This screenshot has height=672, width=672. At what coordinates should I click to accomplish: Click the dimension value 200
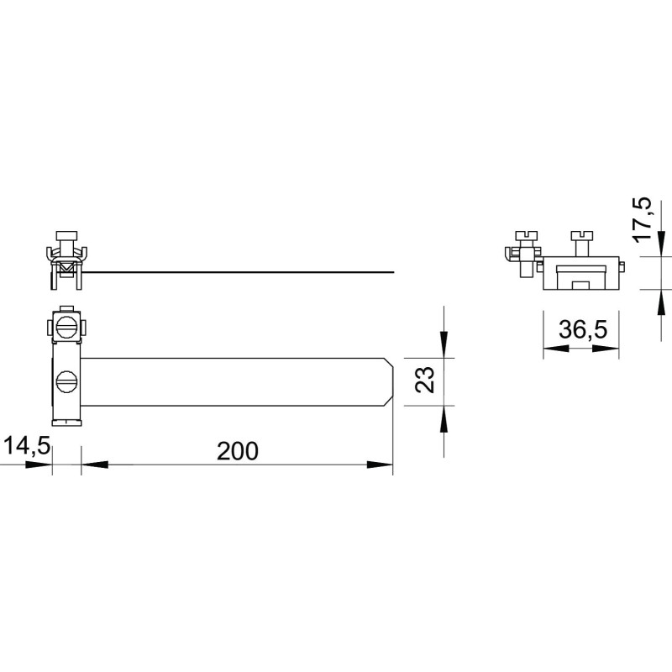pos(238,451)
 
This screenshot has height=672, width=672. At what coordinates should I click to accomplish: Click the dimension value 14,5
pos(27,446)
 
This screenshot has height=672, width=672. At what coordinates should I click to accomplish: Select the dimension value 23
pos(425,380)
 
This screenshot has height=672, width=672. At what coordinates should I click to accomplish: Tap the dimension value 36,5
pos(583,329)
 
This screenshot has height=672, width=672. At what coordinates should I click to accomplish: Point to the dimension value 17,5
pos(643,219)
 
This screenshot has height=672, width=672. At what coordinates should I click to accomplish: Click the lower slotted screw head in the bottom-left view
pos(66,381)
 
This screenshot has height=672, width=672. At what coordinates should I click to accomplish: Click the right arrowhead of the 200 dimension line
pos(380,465)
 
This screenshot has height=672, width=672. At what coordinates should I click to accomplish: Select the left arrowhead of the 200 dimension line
pos(95,465)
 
